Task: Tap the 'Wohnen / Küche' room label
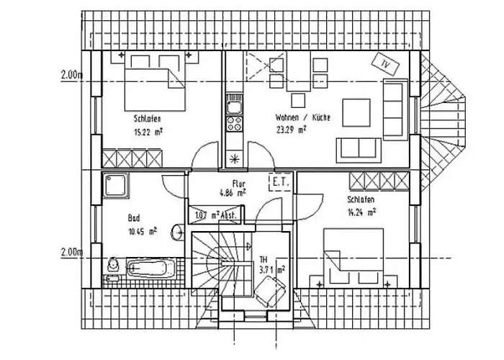click(x=302, y=117)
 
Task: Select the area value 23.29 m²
click(x=291, y=130)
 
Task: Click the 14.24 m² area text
click(x=362, y=212)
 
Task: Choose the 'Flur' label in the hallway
click(x=238, y=183)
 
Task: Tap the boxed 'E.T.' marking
click(x=279, y=184)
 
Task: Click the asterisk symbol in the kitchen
click(x=233, y=158)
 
